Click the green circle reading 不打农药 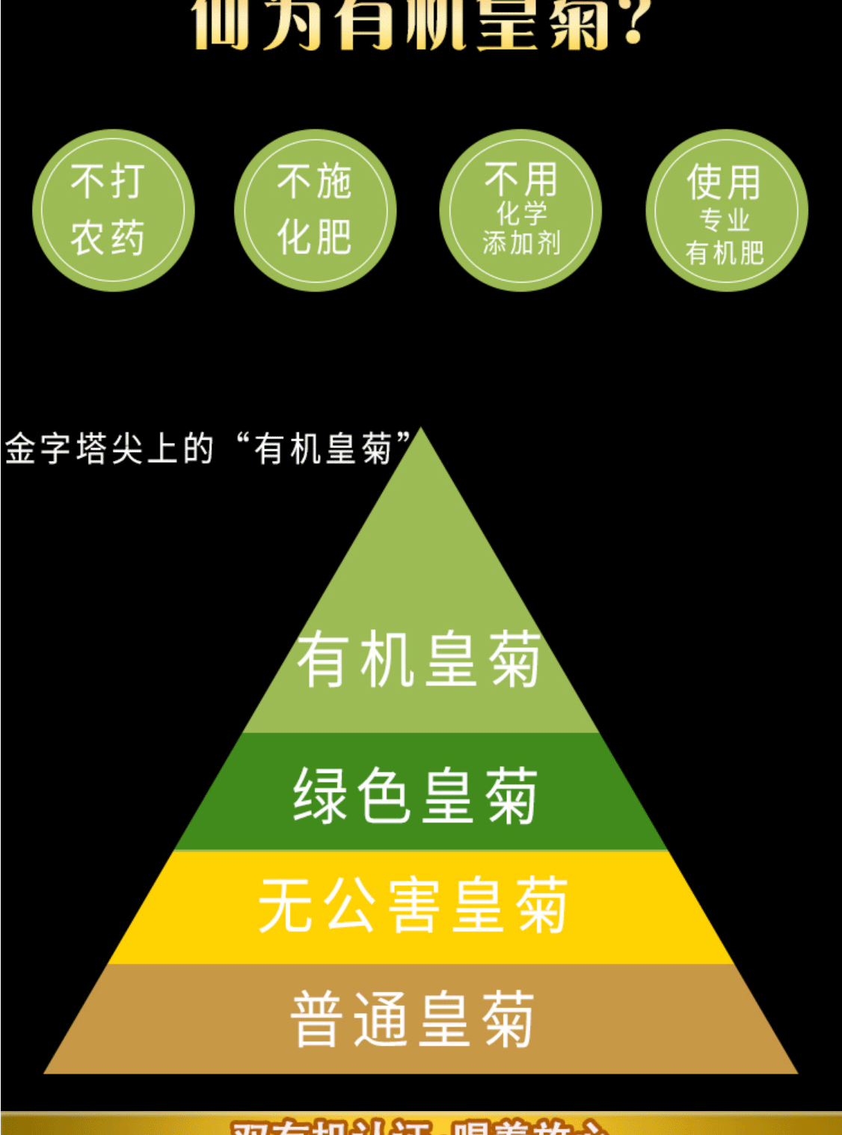(x=113, y=210)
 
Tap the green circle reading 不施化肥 (x=315, y=210)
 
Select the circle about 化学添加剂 (x=520, y=210)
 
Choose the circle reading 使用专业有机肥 (x=726, y=210)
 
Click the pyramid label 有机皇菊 (x=419, y=659)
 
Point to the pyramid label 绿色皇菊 (x=416, y=795)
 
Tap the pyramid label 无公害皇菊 (x=414, y=905)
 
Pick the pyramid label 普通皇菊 (x=413, y=1019)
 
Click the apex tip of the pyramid (x=422, y=431)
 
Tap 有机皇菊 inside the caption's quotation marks (x=323, y=449)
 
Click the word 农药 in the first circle (x=108, y=238)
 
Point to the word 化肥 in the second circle (x=315, y=238)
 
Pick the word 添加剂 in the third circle (x=521, y=243)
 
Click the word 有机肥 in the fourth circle (x=725, y=253)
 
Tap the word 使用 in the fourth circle (x=724, y=183)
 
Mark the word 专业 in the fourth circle (x=725, y=220)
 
